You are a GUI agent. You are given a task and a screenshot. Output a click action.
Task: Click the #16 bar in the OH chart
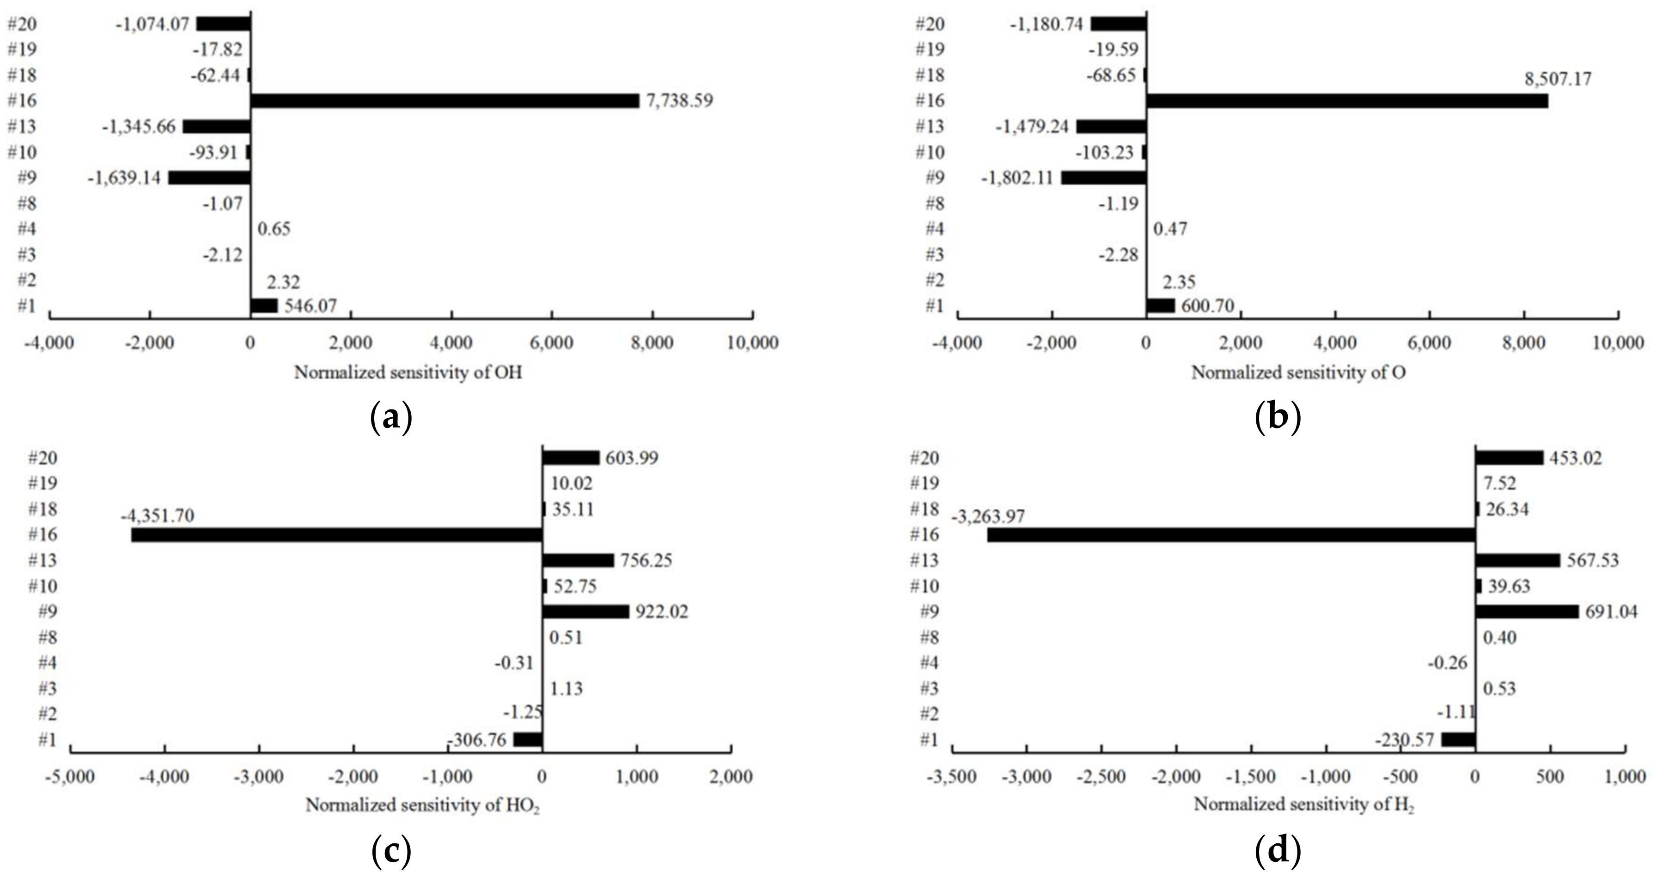(445, 101)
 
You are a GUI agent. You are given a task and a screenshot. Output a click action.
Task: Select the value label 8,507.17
(1558, 79)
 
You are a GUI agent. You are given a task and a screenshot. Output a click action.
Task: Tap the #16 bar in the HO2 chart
(337, 535)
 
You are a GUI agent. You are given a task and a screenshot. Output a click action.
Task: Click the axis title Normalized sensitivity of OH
(408, 373)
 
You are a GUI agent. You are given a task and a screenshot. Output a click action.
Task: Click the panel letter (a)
(391, 418)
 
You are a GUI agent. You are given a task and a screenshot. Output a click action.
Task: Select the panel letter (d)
(1278, 852)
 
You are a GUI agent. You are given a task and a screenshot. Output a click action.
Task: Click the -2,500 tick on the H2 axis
(1102, 777)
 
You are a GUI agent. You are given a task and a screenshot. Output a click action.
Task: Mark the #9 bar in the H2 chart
(1527, 612)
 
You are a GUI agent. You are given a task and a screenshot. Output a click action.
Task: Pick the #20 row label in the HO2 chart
(43, 458)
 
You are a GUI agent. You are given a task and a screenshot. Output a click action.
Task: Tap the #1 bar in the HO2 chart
(528, 740)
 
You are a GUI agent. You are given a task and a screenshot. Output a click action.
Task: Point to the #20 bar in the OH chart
(223, 24)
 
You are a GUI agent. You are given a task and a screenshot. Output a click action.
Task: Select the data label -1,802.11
(1017, 177)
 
